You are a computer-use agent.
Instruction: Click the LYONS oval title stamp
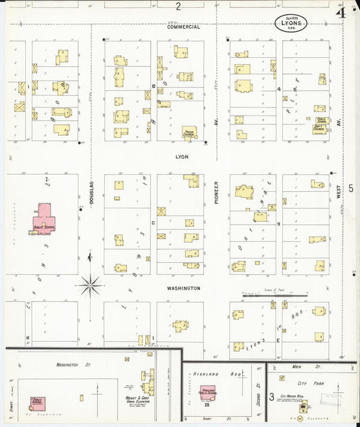[x=292, y=22]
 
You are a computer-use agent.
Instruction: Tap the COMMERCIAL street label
[x=184, y=27]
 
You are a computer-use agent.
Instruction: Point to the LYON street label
[x=182, y=157]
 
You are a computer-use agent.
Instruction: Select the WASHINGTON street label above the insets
[x=184, y=288]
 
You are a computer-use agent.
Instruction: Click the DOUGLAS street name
[x=91, y=193]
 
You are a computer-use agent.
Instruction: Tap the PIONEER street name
[x=217, y=193]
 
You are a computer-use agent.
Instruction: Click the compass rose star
[x=89, y=285]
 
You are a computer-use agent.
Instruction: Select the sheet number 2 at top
[x=178, y=7]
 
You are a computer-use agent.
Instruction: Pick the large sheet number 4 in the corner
[x=341, y=12]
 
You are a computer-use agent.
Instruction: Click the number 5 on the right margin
[x=351, y=189]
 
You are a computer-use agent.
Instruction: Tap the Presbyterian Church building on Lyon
[x=190, y=133]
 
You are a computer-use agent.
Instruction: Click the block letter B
[x=153, y=87]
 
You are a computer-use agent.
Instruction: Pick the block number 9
[x=278, y=224]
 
